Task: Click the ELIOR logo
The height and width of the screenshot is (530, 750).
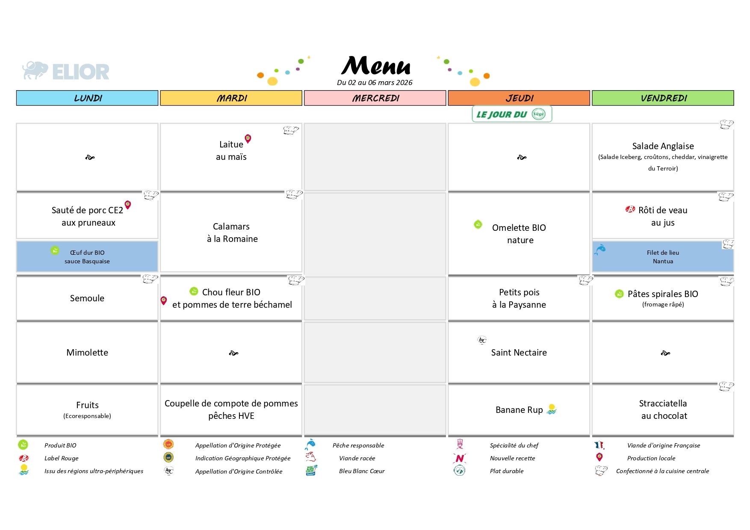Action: (x=66, y=71)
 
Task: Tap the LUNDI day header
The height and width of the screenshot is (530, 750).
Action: (x=88, y=98)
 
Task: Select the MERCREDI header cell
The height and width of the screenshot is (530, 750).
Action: (x=375, y=98)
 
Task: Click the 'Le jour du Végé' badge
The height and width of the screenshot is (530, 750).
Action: (x=511, y=114)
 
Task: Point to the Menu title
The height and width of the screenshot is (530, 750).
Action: (x=375, y=66)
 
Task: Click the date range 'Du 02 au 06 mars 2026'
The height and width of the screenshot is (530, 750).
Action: (x=375, y=82)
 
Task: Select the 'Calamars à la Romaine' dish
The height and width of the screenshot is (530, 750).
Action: (x=232, y=233)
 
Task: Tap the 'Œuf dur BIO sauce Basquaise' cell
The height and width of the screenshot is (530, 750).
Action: (x=87, y=257)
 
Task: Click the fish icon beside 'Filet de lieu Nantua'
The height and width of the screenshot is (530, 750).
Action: (x=600, y=250)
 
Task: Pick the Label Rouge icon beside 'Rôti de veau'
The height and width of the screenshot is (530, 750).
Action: (x=630, y=209)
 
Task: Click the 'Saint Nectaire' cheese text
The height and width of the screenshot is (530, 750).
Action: (x=519, y=353)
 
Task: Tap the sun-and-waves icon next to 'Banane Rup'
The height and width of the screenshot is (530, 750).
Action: (x=552, y=409)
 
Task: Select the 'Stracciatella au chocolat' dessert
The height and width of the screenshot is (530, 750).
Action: (x=663, y=409)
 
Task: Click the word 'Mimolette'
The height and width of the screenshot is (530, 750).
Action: (x=87, y=353)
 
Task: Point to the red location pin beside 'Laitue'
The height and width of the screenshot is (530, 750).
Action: (x=248, y=138)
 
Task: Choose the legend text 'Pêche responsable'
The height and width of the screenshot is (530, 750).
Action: (x=358, y=445)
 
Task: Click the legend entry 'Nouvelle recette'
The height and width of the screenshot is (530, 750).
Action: (x=512, y=458)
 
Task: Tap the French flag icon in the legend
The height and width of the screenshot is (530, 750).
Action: (x=599, y=445)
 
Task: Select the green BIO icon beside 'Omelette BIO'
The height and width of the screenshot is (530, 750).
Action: (x=478, y=224)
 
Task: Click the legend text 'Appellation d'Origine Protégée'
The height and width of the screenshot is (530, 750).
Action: (x=238, y=445)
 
